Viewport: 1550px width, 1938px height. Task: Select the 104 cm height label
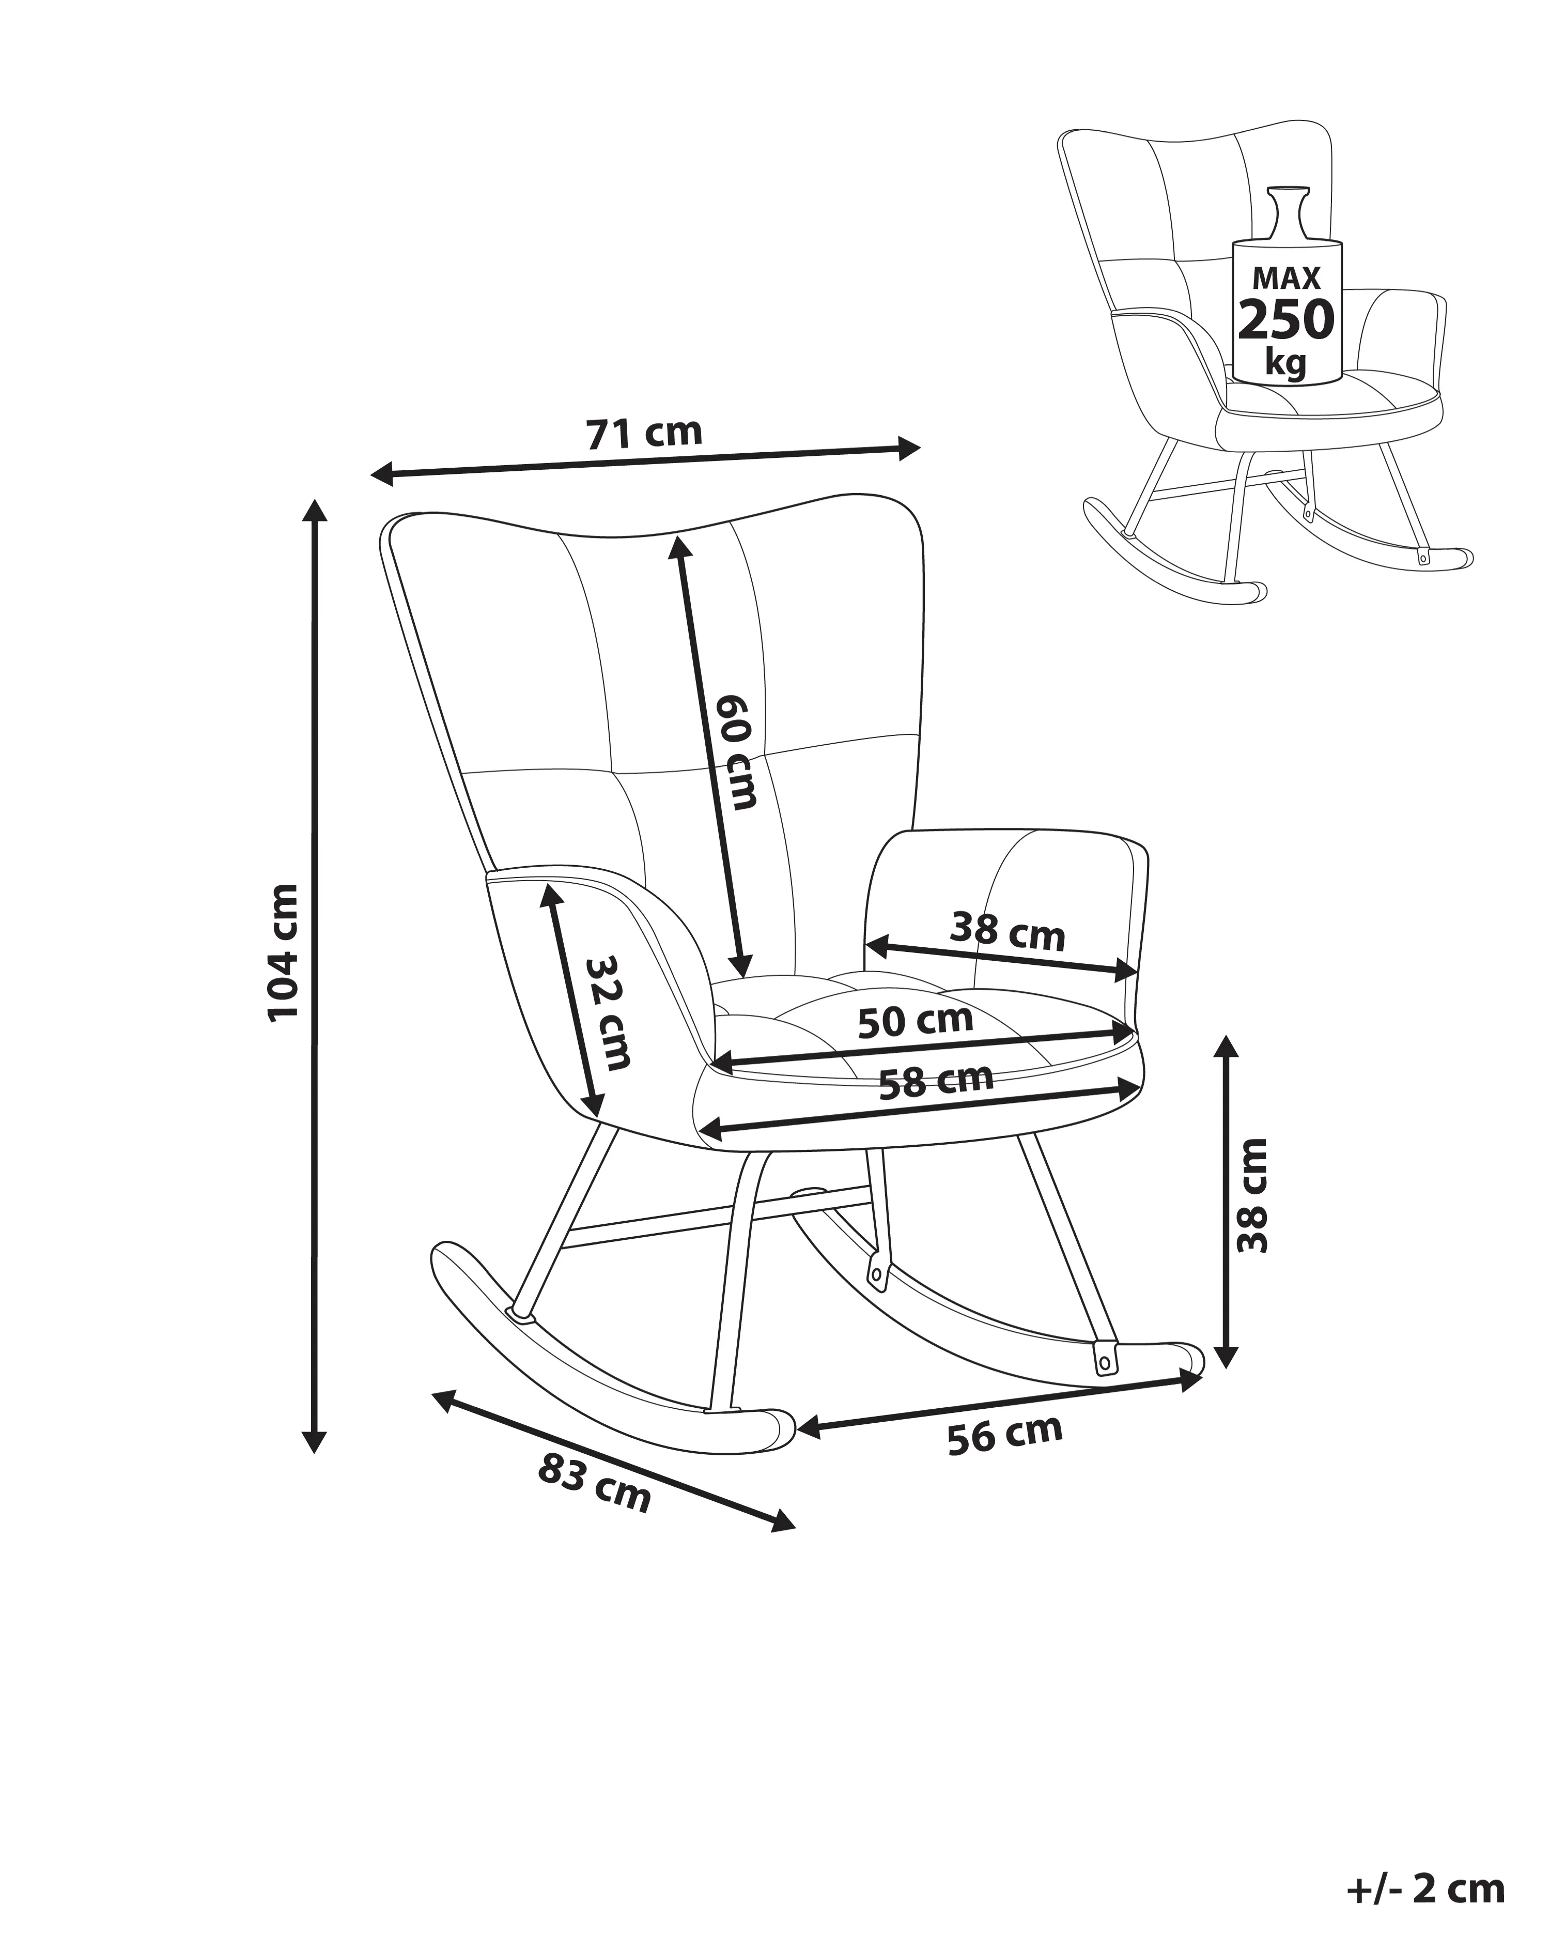coord(283,951)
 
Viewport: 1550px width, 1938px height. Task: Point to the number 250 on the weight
coord(1286,318)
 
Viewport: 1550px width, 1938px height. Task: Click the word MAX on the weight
coord(1287,278)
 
